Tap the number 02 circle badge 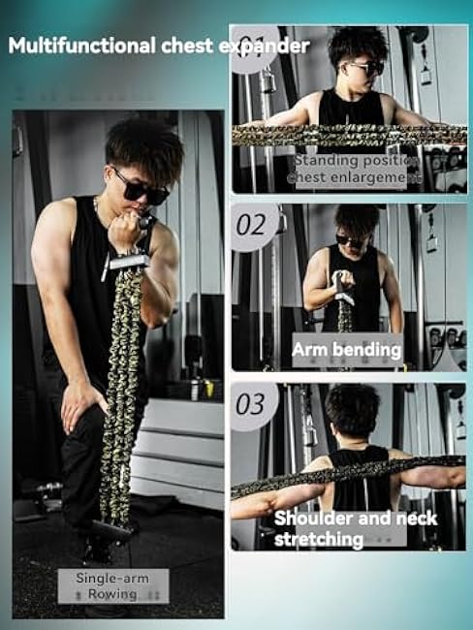[251, 227]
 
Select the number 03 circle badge [250, 403]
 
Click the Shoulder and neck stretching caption [355, 527]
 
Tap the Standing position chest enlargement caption [358, 169]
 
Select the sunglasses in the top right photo [364, 68]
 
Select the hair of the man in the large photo [145, 145]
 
